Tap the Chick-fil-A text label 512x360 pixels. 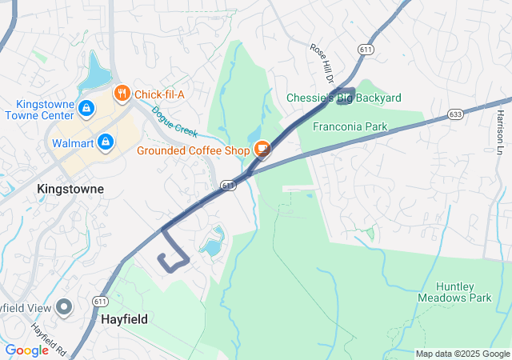(x=159, y=94)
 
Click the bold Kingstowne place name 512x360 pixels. (x=70, y=189)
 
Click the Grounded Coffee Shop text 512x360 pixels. (x=194, y=150)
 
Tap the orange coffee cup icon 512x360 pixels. (x=262, y=149)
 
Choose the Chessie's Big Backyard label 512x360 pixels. (x=344, y=98)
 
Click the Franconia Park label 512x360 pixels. (x=350, y=126)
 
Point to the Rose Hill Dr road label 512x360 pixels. (x=321, y=60)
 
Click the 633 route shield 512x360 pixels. (x=455, y=114)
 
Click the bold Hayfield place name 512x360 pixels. (x=124, y=318)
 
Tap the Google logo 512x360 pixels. (x=27, y=350)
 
